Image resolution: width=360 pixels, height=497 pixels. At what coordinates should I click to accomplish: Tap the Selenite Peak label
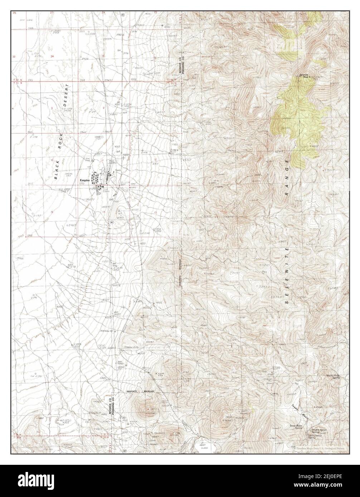tap(305, 75)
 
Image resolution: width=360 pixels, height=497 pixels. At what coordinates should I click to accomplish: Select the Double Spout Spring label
tap(319, 431)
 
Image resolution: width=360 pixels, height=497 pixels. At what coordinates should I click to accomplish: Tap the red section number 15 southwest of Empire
tap(52, 212)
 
